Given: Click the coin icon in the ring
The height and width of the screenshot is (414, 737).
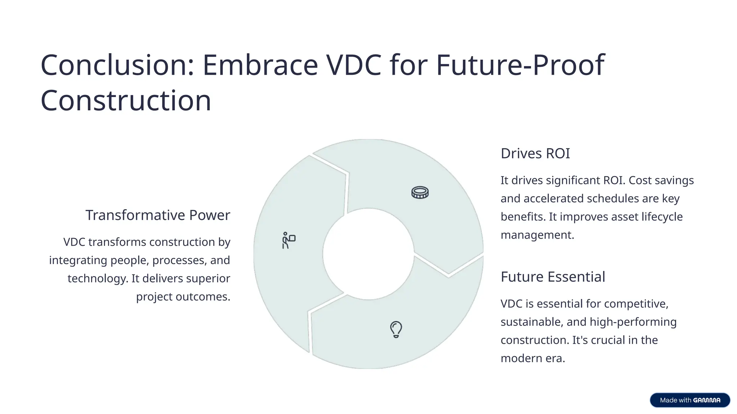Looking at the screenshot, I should [420, 193].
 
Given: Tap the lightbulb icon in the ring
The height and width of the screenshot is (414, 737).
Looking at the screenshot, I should [396, 329].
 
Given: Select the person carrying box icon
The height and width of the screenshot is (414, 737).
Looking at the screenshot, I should [288, 240].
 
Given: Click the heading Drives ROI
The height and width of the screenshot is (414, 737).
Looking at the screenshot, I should [535, 153].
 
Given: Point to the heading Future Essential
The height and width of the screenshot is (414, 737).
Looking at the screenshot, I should [553, 277].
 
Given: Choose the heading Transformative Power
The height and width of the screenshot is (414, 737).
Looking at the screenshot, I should [158, 215].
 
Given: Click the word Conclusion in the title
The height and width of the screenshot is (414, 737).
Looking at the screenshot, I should [117, 65].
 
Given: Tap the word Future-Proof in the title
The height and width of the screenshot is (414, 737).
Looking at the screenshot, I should [520, 65].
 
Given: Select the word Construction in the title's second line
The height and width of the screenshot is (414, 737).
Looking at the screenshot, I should [126, 101].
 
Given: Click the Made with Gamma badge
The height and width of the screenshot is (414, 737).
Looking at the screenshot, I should [689, 400].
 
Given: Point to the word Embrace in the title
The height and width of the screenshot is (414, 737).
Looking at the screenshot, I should [260, 65].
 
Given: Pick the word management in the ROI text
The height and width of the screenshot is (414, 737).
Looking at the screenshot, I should [537, 235].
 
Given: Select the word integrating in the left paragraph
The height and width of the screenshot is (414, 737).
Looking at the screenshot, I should [78, 260].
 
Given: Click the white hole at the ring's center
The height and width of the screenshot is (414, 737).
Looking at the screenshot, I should [368, 254].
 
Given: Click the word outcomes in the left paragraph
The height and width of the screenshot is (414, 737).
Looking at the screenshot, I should [203, 297].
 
